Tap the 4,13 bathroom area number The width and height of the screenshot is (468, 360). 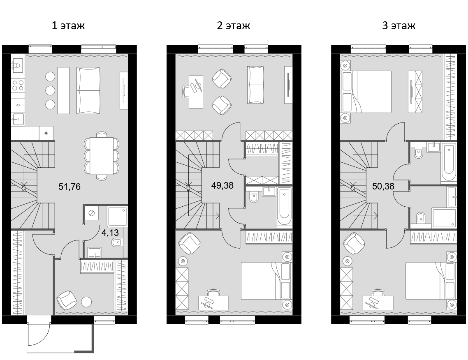(108, 232)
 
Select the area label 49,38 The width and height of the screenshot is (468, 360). (222, 186)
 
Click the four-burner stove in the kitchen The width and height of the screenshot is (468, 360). (18, 85)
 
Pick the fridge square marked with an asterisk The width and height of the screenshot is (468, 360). (46, 133)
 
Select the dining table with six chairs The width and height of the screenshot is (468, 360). (102, 156)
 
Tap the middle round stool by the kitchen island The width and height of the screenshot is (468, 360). (50, 90)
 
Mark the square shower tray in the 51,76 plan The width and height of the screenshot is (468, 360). (117, 217)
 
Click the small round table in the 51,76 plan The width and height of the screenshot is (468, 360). (86, 302)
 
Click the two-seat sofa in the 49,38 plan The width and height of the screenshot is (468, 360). (255, 85)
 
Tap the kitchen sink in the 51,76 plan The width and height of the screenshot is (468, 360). (18, 65)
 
